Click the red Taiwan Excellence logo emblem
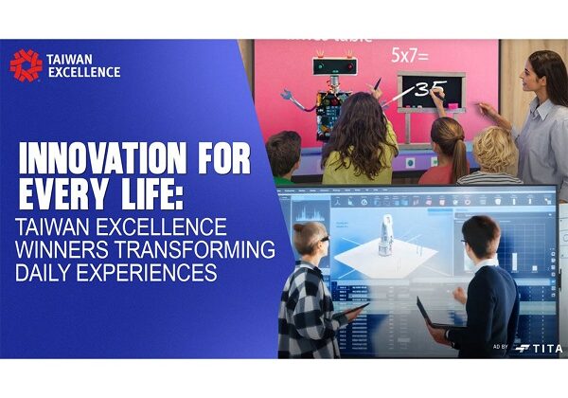coord(26,65)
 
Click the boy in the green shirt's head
coord(283,152)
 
